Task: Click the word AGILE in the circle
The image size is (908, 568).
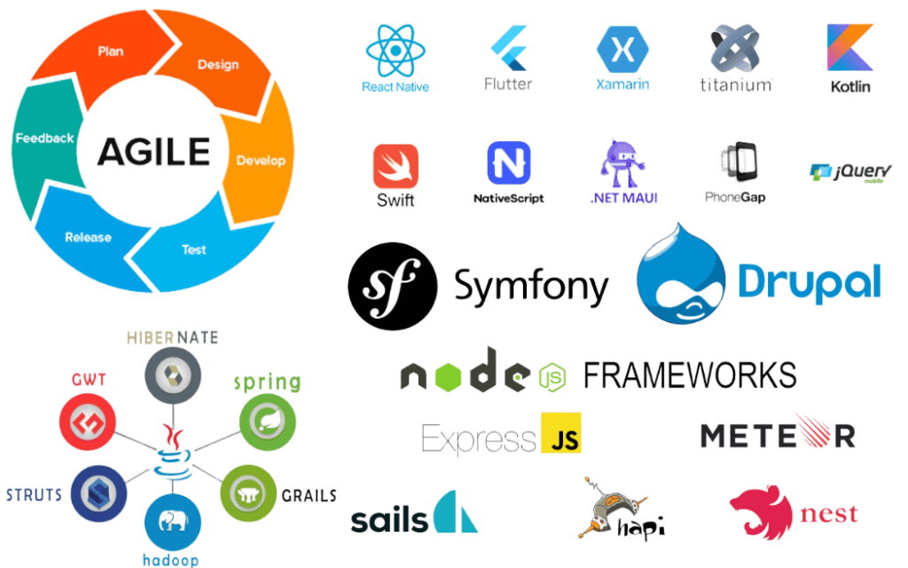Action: coord(153,152)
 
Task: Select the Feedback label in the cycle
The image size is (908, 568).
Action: coord(44,138)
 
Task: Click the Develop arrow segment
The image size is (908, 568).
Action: coord(260,161)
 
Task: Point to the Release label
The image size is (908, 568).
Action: coord(89,237)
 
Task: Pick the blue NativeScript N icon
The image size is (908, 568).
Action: coord(509,163)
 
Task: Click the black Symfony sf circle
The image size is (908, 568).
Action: coord(392,286)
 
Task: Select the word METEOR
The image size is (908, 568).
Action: coord(777,435)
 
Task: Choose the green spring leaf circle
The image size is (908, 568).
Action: coord(266,424)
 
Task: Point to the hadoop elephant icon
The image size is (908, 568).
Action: coord(168,521)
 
